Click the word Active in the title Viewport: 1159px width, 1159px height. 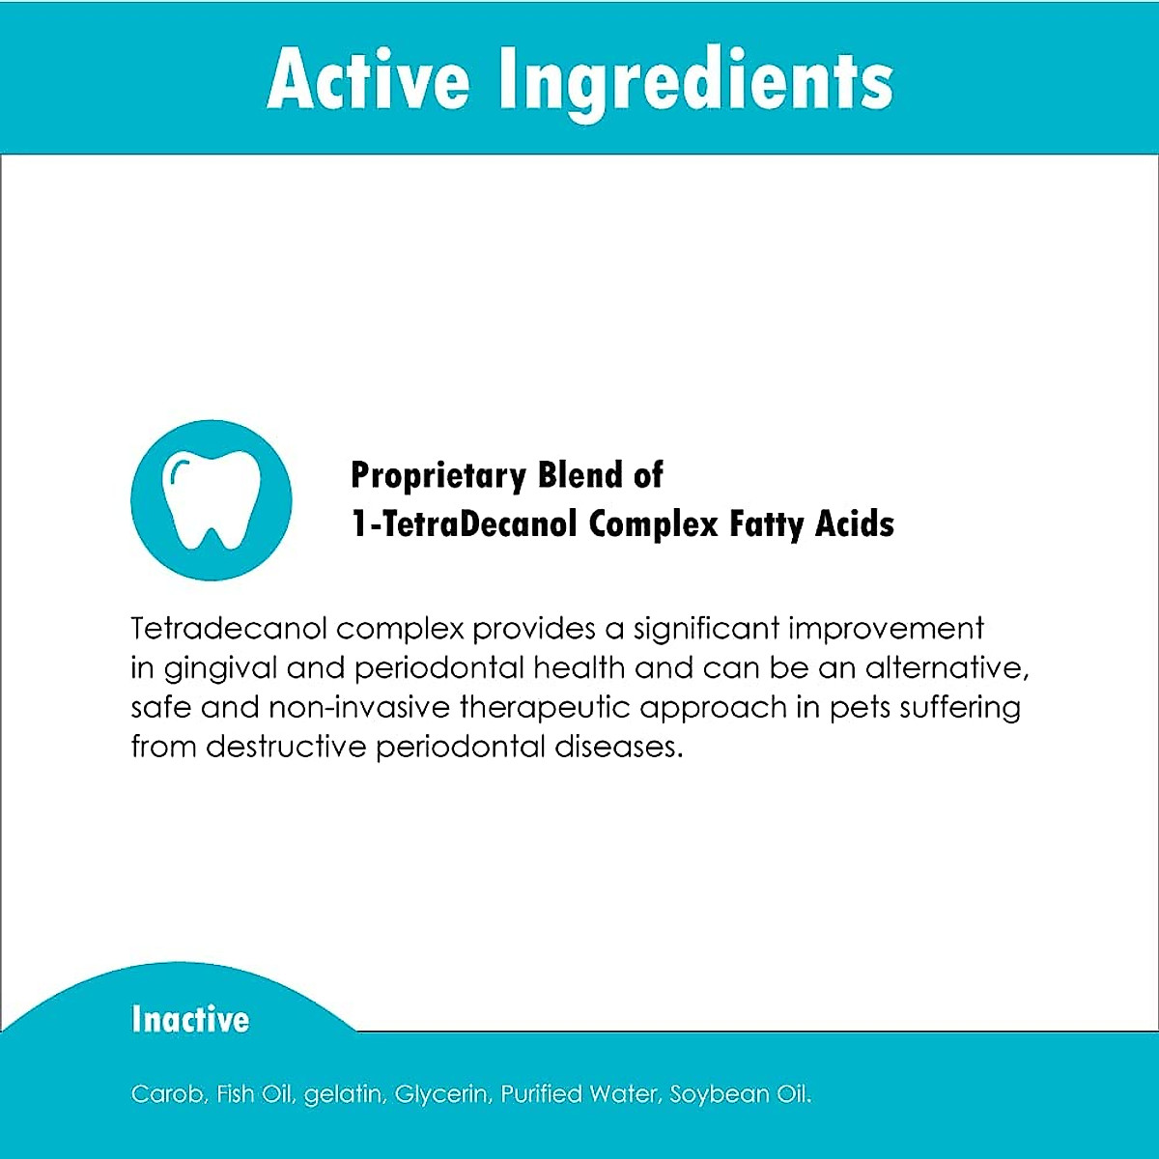(x=368, y=79)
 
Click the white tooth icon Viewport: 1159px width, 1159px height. (x=211, y=499)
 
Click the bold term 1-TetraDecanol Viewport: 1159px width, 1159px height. (x=464, y=523)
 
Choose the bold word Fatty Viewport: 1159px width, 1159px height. (x=767, y=524)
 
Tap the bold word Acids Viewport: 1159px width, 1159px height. (x=855, y=523)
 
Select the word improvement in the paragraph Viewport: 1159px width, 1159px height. (x=886, y=629)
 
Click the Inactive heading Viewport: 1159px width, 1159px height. (x=190, y=1019)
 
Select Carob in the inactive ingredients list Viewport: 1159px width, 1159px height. (x=167, y=1094)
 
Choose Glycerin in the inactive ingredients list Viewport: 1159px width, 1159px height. (x=444, y=1095)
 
